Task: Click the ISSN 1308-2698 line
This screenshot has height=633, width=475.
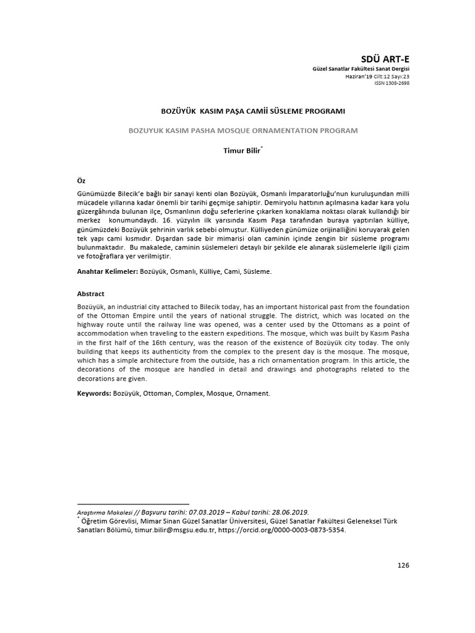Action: [392, 83]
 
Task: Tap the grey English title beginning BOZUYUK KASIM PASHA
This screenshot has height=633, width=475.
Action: [242, 130]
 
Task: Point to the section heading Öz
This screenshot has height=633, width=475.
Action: [80, 180]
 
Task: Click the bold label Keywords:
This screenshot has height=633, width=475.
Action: [94, 393]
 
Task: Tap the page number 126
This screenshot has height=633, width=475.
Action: [403, 565]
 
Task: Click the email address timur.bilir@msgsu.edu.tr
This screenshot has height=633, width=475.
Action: [174, 530]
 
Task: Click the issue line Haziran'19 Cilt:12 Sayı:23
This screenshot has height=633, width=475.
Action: [377, 76]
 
